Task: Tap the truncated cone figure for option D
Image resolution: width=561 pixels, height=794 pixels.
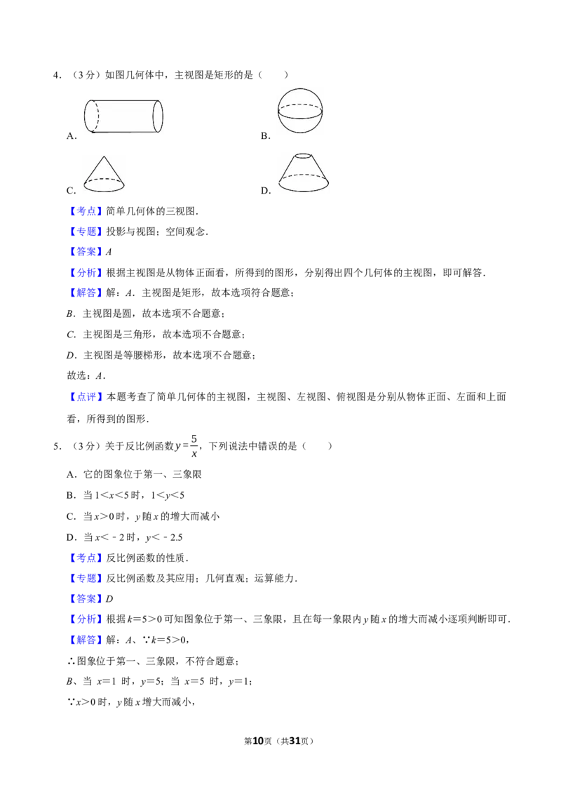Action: point(304,173)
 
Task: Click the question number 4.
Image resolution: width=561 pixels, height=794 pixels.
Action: point(57,76)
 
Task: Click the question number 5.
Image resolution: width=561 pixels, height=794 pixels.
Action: point(57,446)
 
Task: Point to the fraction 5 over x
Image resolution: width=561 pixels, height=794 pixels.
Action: point(194,445)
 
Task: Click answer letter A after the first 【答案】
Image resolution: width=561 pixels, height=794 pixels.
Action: point(109,252)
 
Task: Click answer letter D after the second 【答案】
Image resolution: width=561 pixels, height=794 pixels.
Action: point(109,598)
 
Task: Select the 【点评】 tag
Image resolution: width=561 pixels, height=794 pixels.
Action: point(86,397)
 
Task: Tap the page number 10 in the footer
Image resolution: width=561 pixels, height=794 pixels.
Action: point(258,741)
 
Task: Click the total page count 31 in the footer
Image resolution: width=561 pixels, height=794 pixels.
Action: point(294,741)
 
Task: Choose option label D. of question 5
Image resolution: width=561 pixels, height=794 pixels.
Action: point(72,537)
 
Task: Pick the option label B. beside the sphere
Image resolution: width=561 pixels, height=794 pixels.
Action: point(266,135)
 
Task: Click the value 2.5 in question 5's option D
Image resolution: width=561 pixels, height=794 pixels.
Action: point(177,537)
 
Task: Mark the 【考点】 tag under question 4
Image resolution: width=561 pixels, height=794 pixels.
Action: point(86,211)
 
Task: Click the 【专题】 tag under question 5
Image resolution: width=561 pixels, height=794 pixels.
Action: point(86,578)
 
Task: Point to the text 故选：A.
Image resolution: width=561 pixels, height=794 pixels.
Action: point(86,376)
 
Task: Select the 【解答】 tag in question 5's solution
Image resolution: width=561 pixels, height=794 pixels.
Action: point(86,640)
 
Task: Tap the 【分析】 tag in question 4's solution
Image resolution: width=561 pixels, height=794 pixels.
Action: point(86,272)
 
